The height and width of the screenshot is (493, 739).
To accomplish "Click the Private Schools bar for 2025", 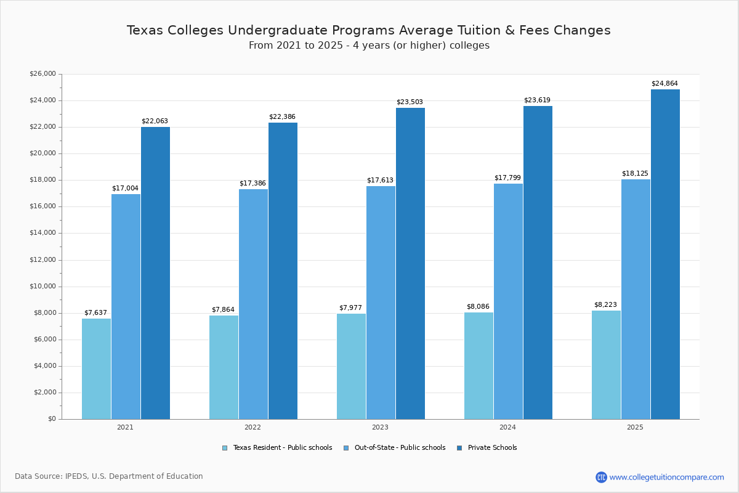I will [x=665, y=254].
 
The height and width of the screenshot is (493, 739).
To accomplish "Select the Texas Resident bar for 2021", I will [x=96, y=369].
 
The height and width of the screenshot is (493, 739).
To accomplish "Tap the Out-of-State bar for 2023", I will [x=381, y=302].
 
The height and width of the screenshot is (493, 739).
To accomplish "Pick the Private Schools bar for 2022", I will [x=283, y=271].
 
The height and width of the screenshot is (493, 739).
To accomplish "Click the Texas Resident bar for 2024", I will [x=479, y=365].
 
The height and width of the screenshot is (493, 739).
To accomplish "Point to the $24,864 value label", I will [x=664, y=84].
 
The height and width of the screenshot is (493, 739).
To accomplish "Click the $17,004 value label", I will [x=125, y=189].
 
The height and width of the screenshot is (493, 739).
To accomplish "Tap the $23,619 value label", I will [x=537, y=100].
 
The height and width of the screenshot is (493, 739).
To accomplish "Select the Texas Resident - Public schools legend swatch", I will [x=225, y=448].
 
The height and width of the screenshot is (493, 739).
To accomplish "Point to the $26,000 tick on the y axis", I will [x=42, y=74].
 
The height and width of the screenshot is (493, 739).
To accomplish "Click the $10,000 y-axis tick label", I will [x=42, y=287].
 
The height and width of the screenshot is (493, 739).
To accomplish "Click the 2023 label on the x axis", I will [x=380, y=427].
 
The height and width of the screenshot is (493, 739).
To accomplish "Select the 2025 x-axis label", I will [x=635, y=427].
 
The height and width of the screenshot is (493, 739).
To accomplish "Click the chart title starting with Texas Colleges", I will [x=368, y=31].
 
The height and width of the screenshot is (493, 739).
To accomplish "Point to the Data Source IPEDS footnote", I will [x=109, y=476].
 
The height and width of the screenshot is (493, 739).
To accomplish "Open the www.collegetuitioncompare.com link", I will [x=666, y=477].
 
